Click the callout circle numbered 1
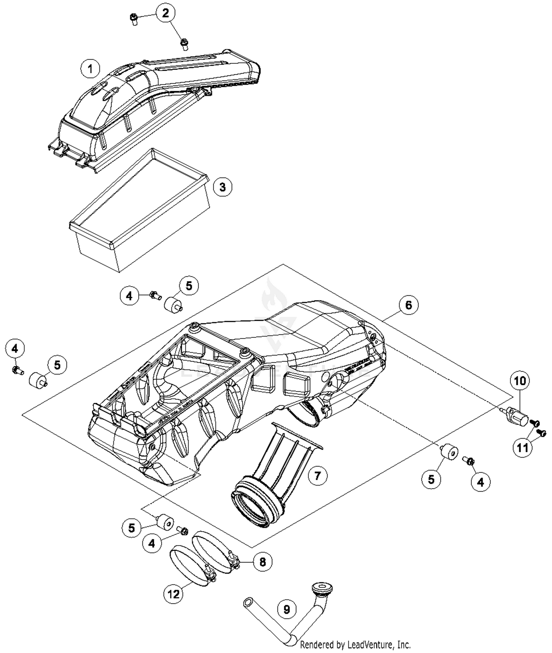click(x=91, y=68)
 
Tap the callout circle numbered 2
click(x=166, y=13)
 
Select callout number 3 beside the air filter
click(x=223, y=187)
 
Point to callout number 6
click(x=408, y=305)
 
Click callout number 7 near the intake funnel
click(x=317, y=475)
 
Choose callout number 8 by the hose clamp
click(x=262, y=562)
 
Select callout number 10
click(x=520, y=381)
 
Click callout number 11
click(x=523, y=447)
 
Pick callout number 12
click(x=173, y=594)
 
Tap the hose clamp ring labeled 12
click(x=191, y=568)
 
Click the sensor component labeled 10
click(x=517, y=416)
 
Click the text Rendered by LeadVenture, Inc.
click(x=355, y=645)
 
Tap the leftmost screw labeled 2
click(x=134, y=18)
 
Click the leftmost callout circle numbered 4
click(x=15, y=348)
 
